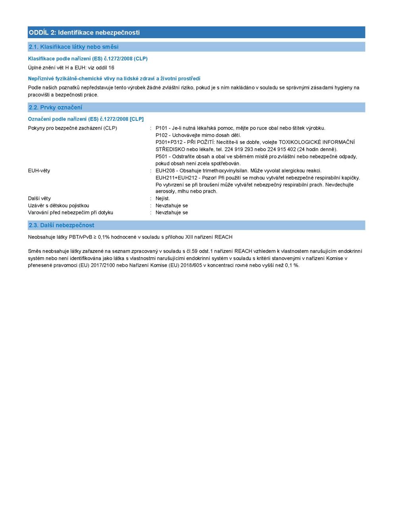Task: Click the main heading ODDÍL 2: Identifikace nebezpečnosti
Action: pyautogui.click(x=84, y=33)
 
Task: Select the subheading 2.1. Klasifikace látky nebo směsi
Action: pyautogui.click(x=74, y=47)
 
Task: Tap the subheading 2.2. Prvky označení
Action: pyautogui.click(x=56, y=107)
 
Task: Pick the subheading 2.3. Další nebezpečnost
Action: pyautogui.click(x=62, y=225)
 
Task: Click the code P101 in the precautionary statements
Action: pyautogui.click(x=161, y=128)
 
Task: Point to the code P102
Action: pyautogui.click(x=161, y=135)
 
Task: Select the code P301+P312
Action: pyautogui.click(x=169, y=142)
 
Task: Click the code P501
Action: pyautogui.click(x=161, y=157)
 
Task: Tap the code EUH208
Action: pyautogui.click(x=165, y=171)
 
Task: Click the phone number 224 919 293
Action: pyautogui.click(x=238, y=150)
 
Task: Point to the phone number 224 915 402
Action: pyautogui.click(x=281, y=150)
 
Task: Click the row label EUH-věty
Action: pyautogui.click(x=39, y=171)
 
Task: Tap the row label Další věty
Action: pyautogui.click(x=39, y=198)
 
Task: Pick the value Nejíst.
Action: pyautogui.click(x=163, y=198)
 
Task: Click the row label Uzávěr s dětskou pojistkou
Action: pyautogui.click(x=58, y=206)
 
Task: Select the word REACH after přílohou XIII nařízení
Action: pyautogui.click(x=223, y=237)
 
